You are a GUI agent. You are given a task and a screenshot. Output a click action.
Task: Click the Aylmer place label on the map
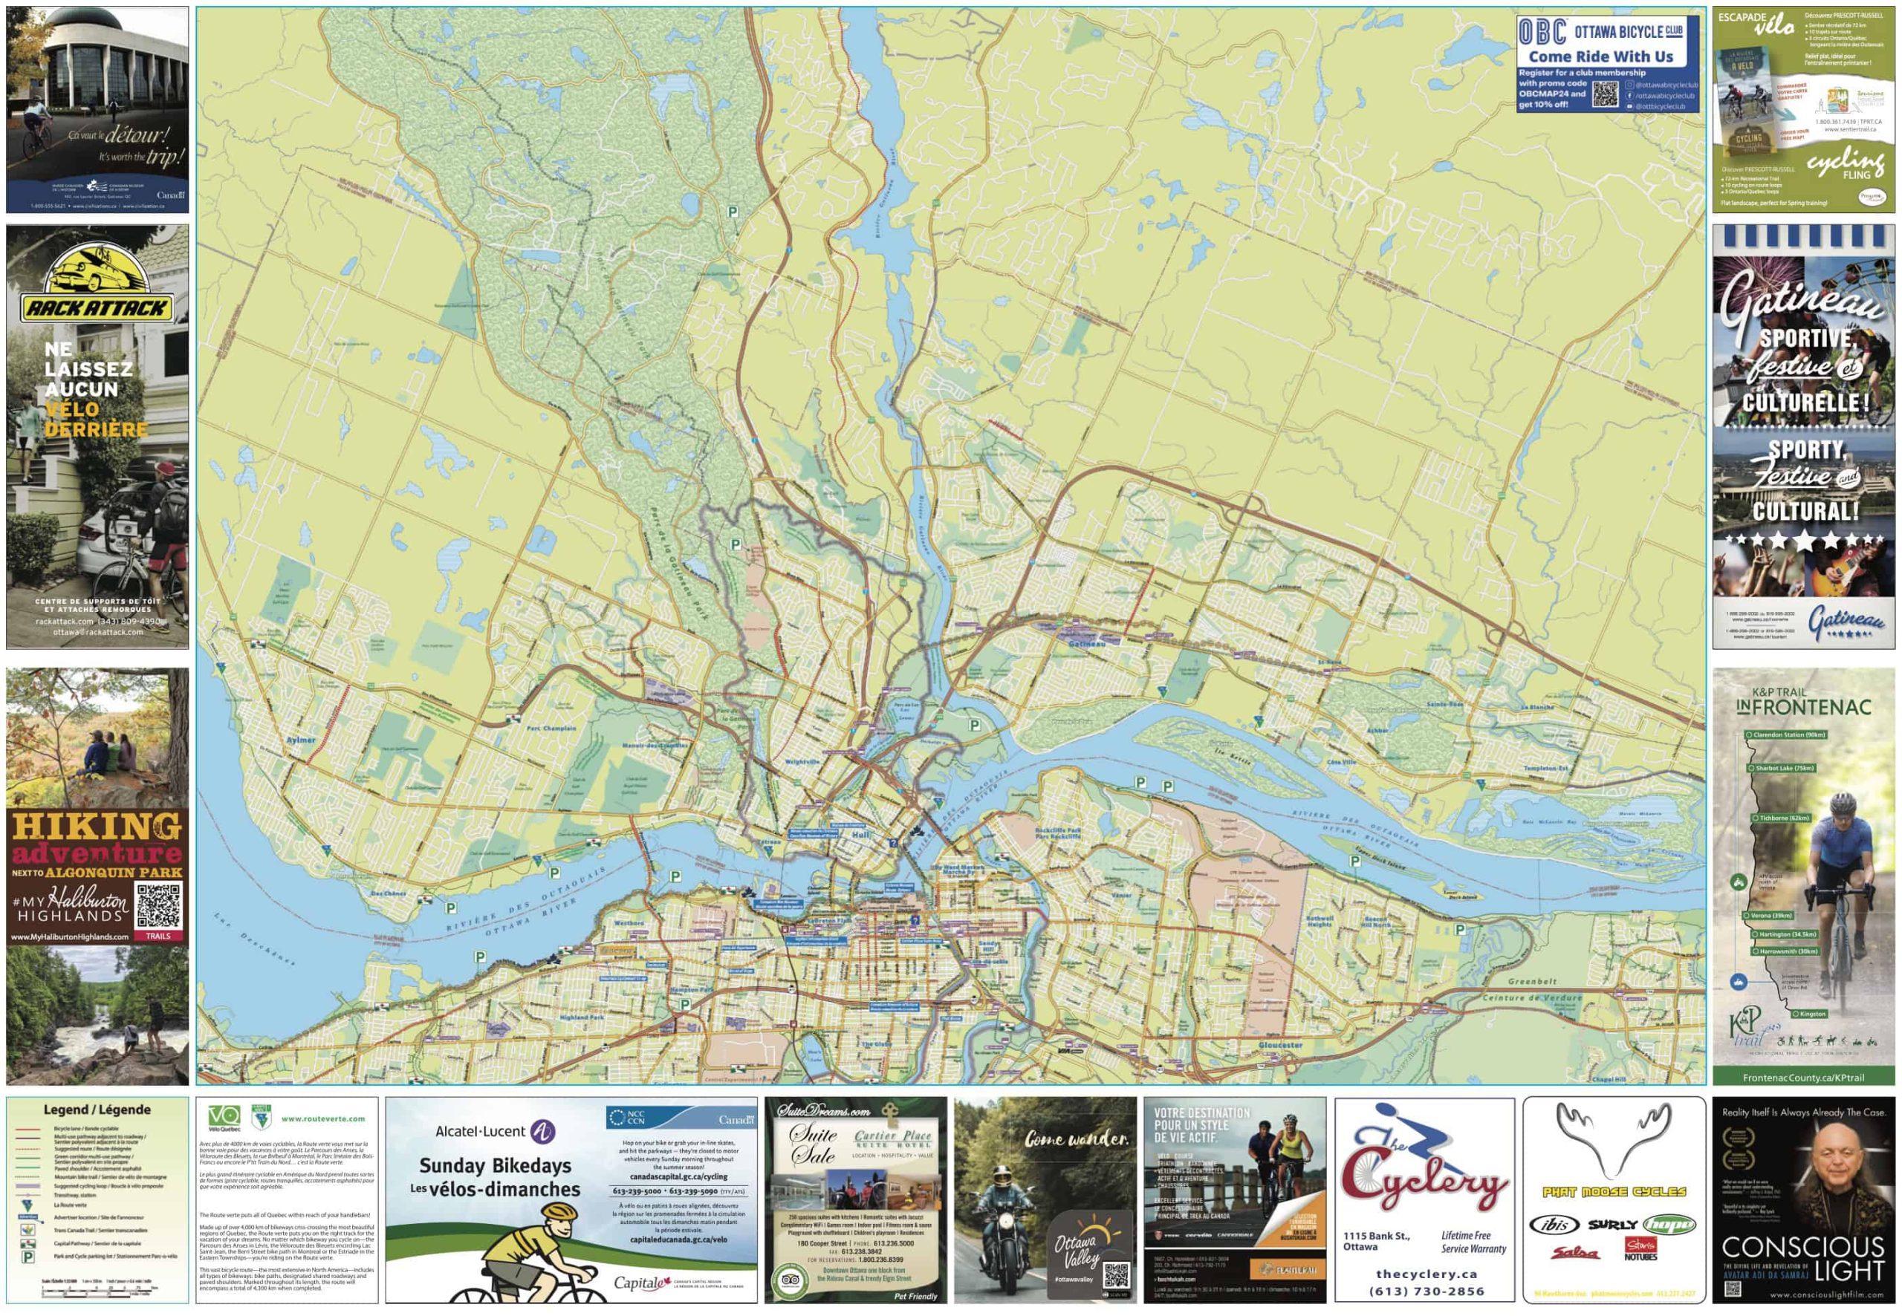(300, 740)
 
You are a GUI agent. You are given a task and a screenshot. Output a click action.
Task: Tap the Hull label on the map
(860, 835)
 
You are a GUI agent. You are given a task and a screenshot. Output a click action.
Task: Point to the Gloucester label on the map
(1280, 1045)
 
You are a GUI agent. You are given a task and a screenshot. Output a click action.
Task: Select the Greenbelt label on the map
(1532, 981)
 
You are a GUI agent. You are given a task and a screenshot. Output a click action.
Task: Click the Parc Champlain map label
(551, 728)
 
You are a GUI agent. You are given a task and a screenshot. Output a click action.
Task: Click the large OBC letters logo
(1542, 32)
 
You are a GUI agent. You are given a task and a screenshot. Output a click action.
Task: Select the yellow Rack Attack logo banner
(97, 308)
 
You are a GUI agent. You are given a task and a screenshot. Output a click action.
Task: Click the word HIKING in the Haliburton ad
(97, 825)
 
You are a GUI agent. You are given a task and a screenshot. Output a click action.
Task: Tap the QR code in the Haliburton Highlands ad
(158, 905)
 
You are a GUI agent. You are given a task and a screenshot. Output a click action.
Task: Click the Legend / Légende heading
(97, 1110)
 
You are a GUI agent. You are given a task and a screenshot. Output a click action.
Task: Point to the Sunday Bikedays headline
(495, 1165)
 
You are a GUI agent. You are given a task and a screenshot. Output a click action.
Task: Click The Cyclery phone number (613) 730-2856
(1426, 1291)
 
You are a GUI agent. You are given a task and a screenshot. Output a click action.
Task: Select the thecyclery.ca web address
(1426, 1274)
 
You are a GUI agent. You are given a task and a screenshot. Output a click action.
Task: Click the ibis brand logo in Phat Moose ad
(1555, 1225)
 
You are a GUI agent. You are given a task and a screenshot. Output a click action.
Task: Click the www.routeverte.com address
(322, 1119)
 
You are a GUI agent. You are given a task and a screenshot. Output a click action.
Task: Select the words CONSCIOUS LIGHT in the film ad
(1803, 1258)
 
